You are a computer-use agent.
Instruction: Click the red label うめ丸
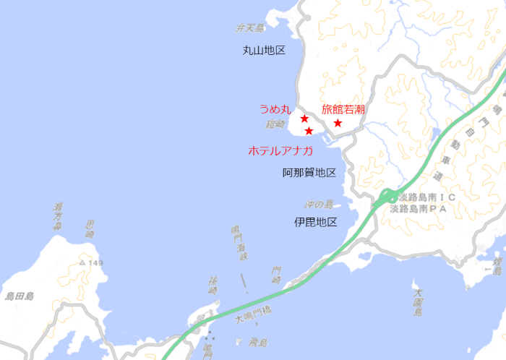point(275,110)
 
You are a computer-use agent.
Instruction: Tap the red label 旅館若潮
point(343,109)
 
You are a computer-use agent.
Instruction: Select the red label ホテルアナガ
point(280,150)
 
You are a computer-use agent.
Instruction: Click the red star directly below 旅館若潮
point(338,123)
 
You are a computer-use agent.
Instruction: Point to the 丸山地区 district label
point(265,51)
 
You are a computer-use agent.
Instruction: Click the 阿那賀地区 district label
point(309,173)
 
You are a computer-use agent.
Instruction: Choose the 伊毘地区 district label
point(316,222)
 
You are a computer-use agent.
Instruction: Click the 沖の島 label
point(318,205)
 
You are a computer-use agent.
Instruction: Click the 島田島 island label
point(20,296)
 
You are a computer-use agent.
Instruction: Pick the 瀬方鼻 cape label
point(58,216)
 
